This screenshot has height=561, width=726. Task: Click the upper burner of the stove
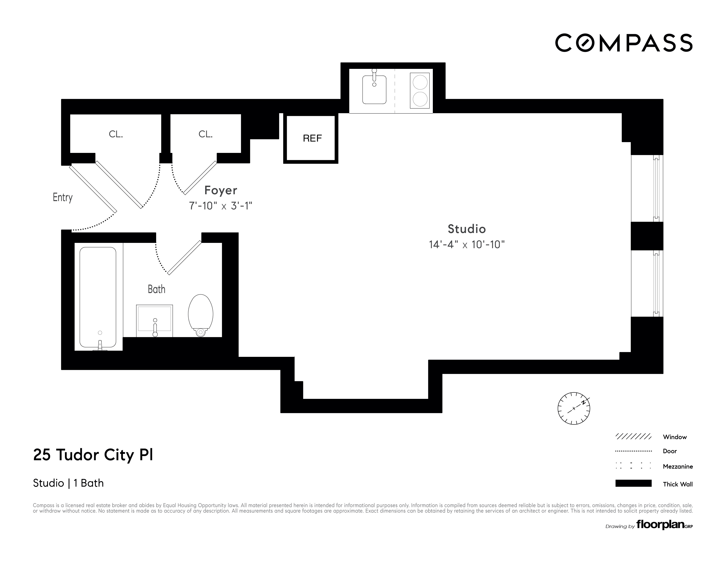click(420, 82)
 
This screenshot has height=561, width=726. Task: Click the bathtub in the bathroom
click(98, 297)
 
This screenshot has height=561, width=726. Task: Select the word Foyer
click(221, 191)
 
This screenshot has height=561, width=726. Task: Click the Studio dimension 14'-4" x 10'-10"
click(467, 245)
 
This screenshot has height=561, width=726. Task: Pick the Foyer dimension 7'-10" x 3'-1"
click(221, 206)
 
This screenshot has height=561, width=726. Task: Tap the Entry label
click(62, 198)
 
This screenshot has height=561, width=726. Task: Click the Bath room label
click(156, 289)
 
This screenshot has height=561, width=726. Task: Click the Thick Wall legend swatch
click(633, 483)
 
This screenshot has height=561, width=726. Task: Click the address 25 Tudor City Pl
click(93, 455)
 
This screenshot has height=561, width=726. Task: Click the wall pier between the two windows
click(647, 236)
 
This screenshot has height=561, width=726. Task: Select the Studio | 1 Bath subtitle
click(68, 483)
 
